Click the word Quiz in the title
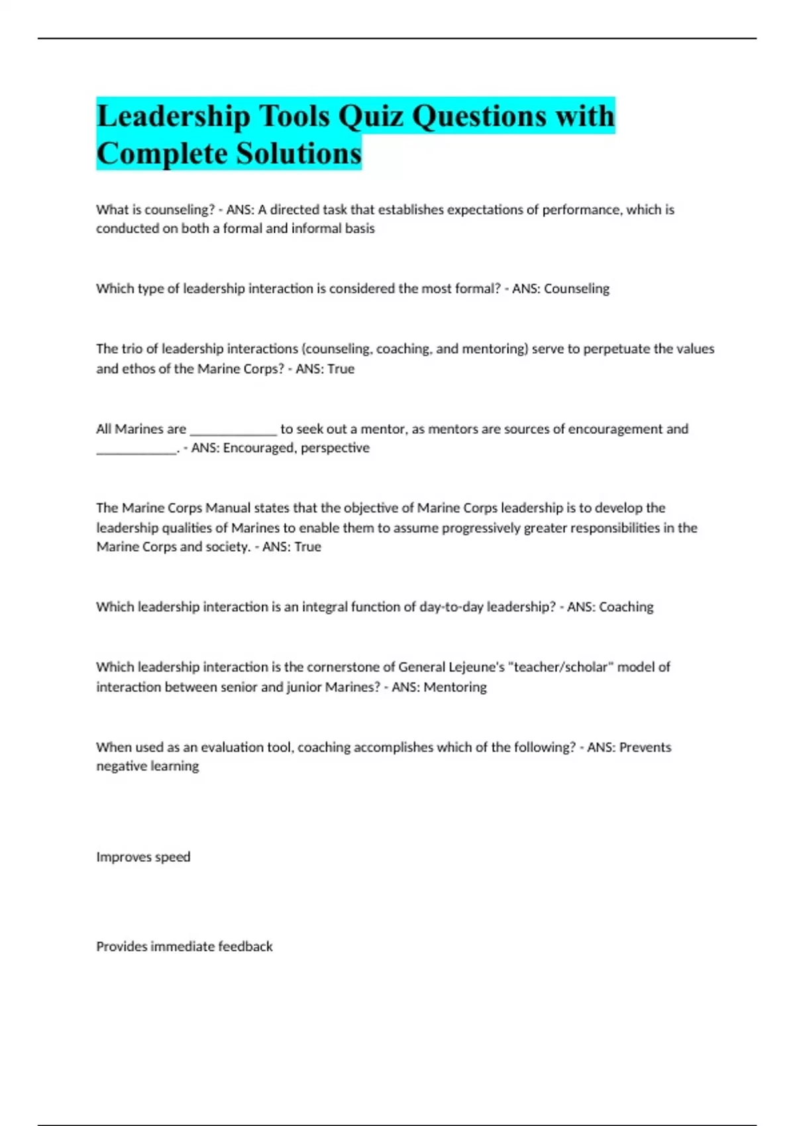(370, 117)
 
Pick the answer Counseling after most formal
(576, 289)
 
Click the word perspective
(335, 448)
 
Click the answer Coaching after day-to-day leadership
(626, 607)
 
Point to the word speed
(172, 857)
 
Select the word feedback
(245, 947)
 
